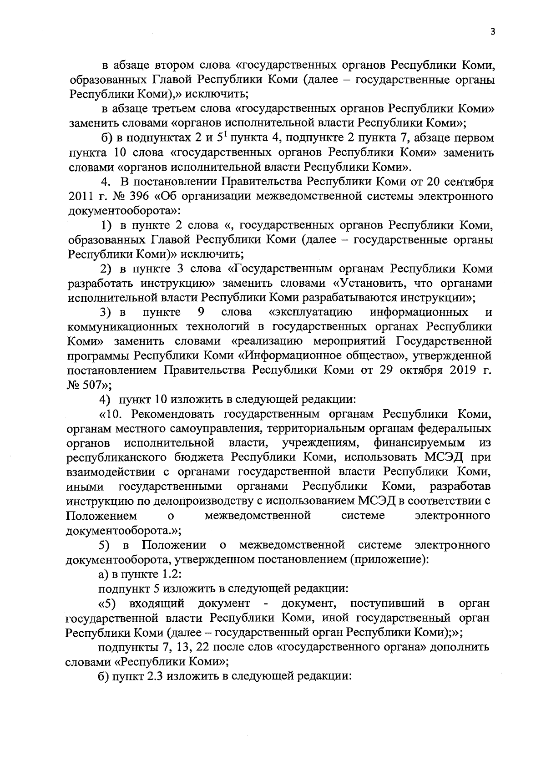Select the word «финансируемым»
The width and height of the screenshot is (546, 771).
(419, 442)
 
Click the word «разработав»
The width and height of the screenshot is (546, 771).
(460, 486)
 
